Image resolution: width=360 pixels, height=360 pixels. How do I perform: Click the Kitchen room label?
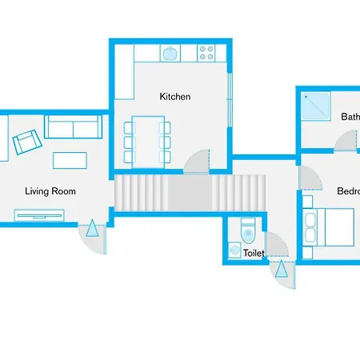pos(175,97)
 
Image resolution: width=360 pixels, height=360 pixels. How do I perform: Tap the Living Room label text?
pos(50,191)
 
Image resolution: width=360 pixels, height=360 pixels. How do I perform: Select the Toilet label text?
pos(253,253)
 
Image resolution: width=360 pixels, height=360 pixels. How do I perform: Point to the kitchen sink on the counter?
pos(170,54)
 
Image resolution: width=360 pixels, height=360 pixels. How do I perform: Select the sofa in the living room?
pos(73,126)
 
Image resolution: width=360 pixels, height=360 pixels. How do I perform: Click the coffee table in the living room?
pos(70,159)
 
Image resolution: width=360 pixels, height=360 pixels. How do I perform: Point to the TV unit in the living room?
pos(39,214)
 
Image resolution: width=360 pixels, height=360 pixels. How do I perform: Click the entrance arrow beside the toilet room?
pos(281,270)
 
